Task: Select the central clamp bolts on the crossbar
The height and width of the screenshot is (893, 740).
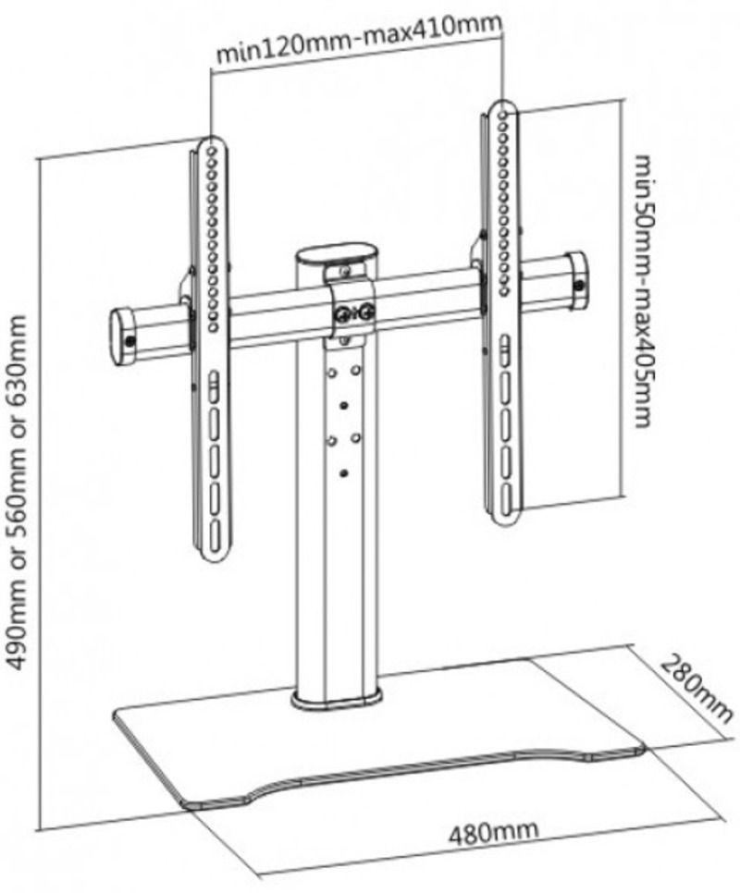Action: pyautogui.click(x=354, y=315)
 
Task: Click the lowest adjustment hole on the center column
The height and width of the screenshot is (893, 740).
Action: pyautogui.click(x=344, y=473)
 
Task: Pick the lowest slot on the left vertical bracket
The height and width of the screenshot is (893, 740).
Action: pyautogui.click(x=214, y=526)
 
